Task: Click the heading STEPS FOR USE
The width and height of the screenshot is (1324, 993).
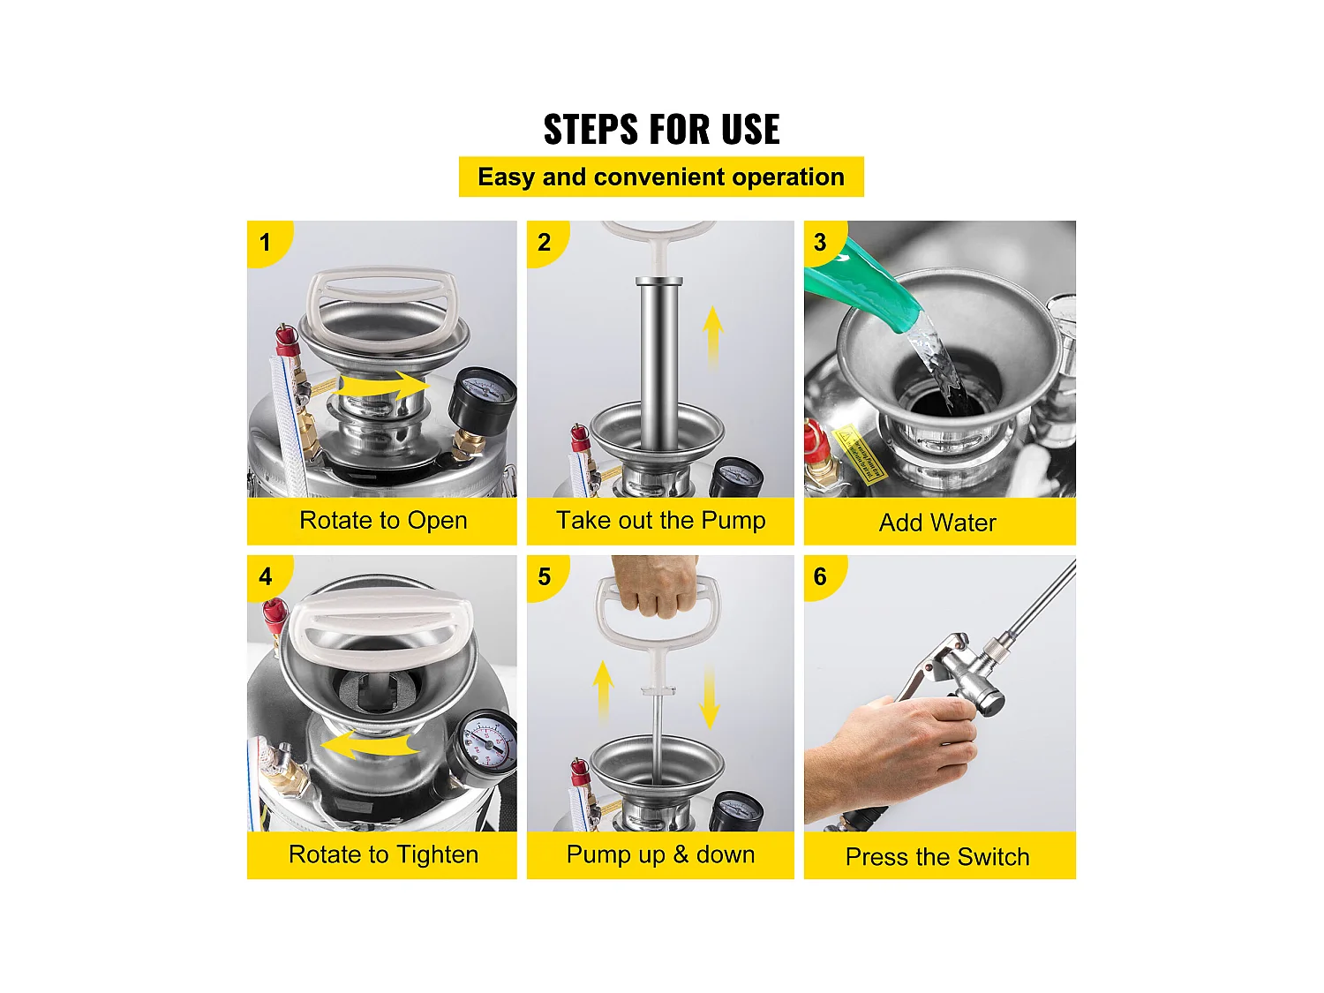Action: [x=661, y=128]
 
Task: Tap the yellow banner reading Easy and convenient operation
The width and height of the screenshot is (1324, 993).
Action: [x=661, y=177]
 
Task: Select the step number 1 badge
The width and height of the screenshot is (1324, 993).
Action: [x=267, y=242]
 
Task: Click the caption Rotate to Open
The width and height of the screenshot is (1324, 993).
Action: [x=383, y=520]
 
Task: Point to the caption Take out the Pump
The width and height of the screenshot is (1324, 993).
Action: [x=661, y=520]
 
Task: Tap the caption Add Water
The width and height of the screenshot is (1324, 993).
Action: [x=937, y=523]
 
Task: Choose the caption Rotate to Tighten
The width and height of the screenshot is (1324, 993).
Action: [x=383, y=854]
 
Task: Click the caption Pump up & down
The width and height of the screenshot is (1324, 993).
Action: [x=660, y=854]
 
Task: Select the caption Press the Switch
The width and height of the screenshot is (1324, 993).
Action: [x=937, y=857]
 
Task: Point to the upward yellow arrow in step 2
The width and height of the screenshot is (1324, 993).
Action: [x=713, y=338]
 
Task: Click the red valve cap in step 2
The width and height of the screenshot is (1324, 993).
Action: [x=580, y=437]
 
